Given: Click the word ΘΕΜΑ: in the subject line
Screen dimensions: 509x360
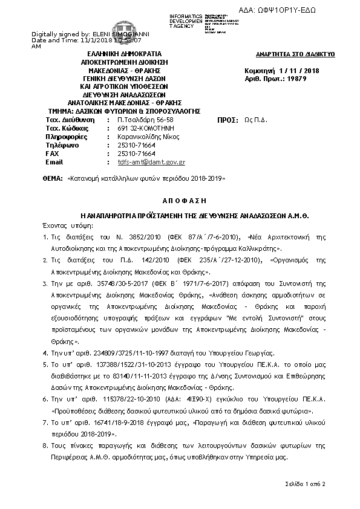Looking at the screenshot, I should point(53,180).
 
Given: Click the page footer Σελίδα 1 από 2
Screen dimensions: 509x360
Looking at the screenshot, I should point(306,485).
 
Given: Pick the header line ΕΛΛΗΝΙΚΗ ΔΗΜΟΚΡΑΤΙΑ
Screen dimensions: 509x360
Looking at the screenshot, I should point(126,54).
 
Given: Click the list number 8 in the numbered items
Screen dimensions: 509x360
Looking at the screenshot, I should point(45,446).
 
